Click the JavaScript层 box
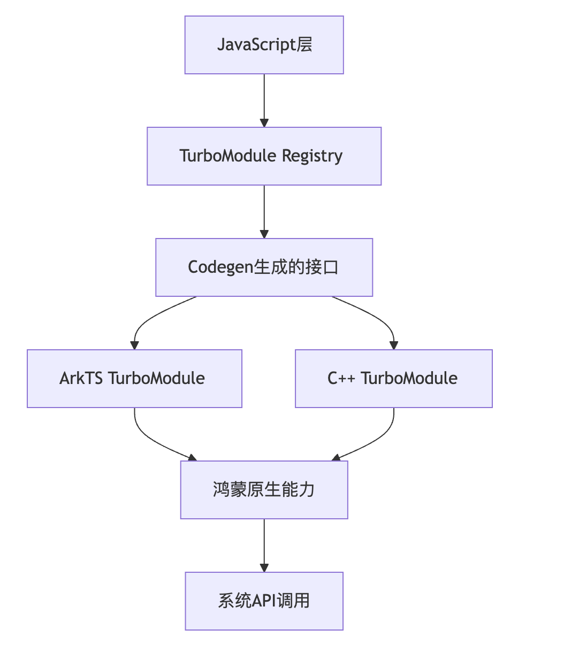pos(264,45)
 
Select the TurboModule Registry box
pos(264,156)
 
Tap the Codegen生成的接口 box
pos(264,267)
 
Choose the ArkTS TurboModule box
pos(134,379)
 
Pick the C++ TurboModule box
pos(394,379)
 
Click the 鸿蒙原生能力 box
pos(264,490)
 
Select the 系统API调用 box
pos(264,601)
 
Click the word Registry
pos(313,156)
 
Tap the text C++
pos(341,379)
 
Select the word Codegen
pos(220,267)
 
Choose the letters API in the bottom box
pos(264,601)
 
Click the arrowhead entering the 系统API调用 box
pos(264,567)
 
